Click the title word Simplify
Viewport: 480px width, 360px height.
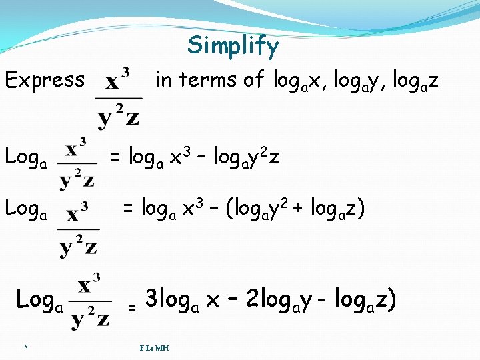(x=233, y=46)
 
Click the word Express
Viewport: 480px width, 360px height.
(x=45, y=80)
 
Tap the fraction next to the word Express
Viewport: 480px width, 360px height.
(x=119, y=96)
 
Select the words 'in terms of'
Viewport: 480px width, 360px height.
(x=210, y=80)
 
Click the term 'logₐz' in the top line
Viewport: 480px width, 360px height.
(x=415, y=81)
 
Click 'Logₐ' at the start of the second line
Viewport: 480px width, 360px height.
(x=26, y=157)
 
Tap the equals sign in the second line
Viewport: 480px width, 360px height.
(x=116, y=158)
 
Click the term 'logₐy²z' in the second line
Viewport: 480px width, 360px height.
(x=247, y=157)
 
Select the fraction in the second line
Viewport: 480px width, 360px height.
(x=77, y=163)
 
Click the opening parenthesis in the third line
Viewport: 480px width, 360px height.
(x=231, y=208)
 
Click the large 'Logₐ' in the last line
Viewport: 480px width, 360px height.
(x=39, y=301)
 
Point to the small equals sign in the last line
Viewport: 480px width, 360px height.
(x=132, y=308)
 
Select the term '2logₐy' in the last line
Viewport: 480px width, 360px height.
(x=278, y=300)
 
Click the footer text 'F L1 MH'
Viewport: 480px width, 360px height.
(x=154, y=347)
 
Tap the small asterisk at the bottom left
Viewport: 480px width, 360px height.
(x=25, y=347)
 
